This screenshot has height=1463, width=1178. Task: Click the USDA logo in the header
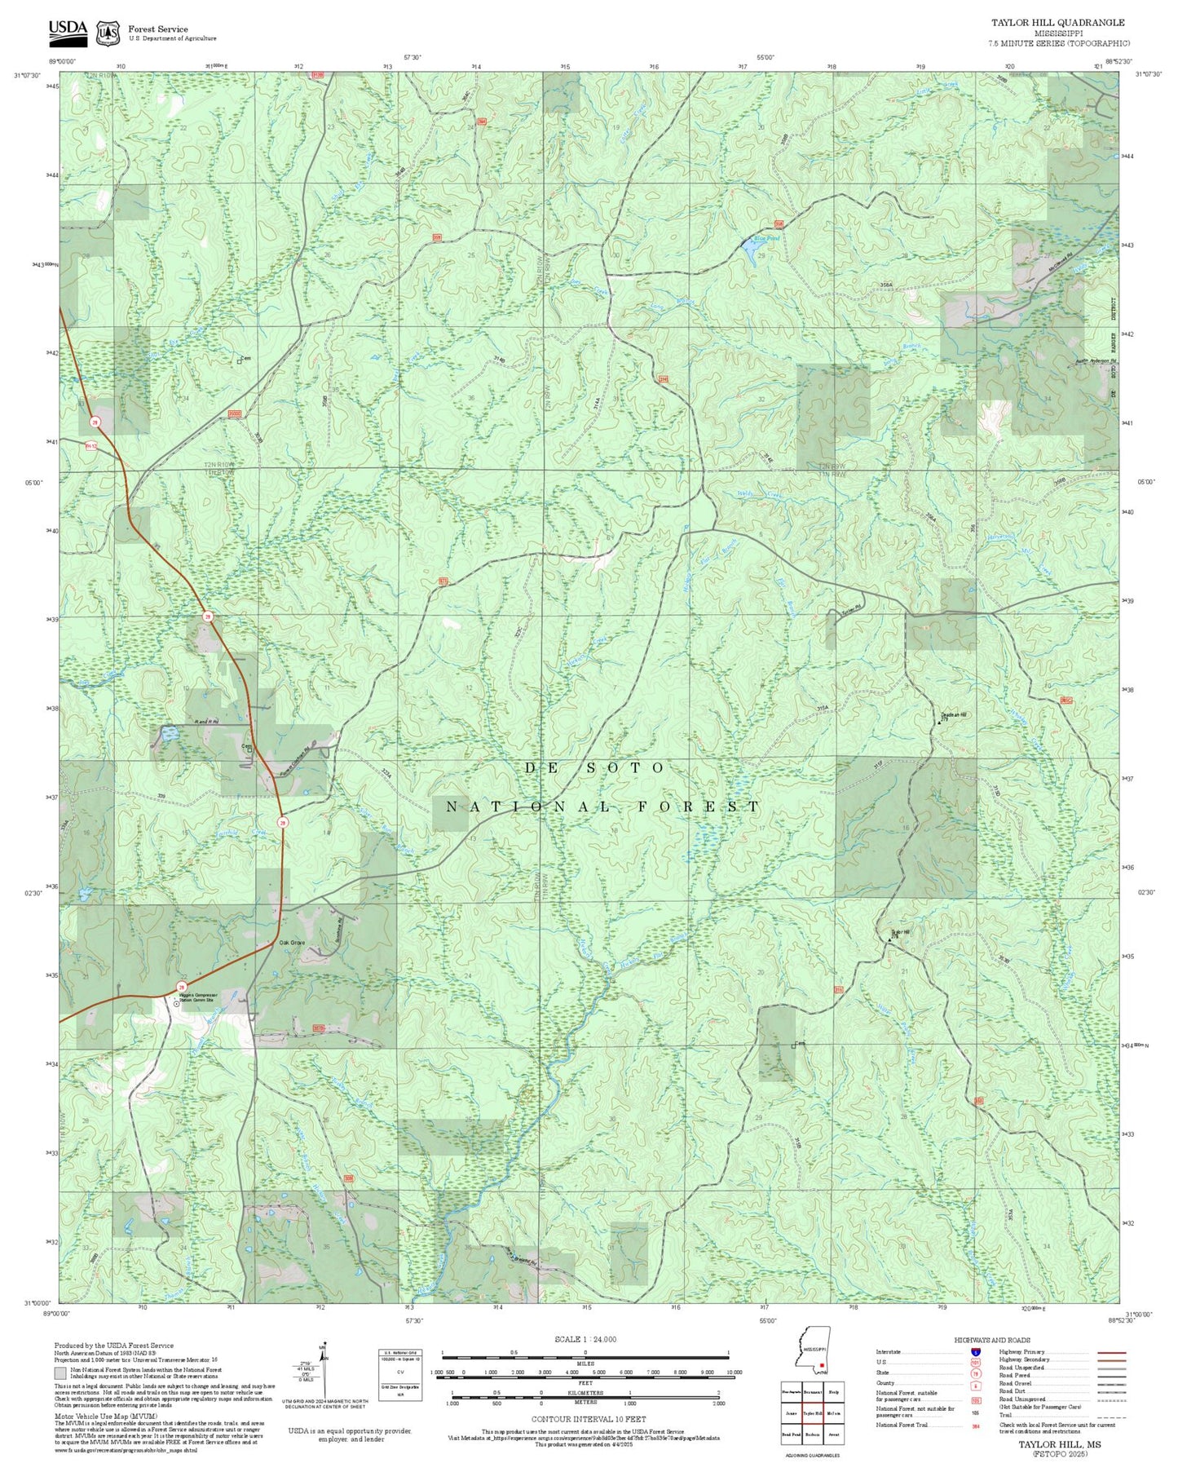67,32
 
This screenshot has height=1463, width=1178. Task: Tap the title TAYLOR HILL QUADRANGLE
1057,23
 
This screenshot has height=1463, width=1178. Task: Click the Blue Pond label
765,238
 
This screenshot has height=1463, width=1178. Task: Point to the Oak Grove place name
291,943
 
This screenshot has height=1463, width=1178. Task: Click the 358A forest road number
887,285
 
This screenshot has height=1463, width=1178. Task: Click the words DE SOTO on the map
594,768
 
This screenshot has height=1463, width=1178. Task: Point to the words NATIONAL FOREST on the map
602,807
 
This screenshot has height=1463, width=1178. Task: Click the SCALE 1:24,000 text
585,1339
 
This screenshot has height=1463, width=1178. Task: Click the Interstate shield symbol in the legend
975,1352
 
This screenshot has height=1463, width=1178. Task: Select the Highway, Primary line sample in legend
1110,1352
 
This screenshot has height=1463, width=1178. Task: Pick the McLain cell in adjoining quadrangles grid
833,1413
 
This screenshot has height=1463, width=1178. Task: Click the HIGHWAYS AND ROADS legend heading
991,1340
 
